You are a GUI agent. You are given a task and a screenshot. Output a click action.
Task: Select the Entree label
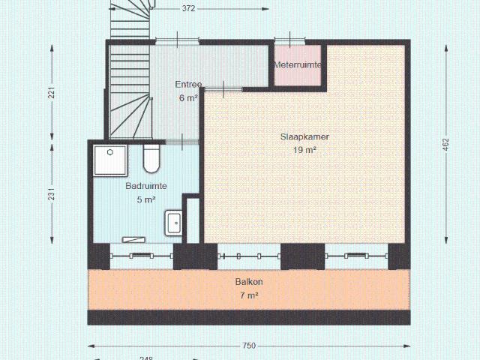tap(188, 84)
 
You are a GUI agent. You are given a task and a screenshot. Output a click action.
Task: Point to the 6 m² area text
tap(188, 97)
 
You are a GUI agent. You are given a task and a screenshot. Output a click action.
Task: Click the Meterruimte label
tap(298, 65)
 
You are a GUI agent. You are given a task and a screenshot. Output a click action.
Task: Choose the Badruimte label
tap(146, 186)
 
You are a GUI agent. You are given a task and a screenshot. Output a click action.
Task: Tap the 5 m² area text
tap(146, 199)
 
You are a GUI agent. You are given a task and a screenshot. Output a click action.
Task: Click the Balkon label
tap(249, 282)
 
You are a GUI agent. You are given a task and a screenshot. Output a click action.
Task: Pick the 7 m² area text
tap(249, 295)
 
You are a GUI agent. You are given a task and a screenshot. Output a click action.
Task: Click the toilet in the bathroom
tap(151, 159)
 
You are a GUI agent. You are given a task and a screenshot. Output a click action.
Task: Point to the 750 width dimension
tap(249, 346)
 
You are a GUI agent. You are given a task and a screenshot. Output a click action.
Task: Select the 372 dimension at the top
tap(189, 9)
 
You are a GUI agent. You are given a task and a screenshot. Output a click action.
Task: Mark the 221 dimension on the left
tap(52, 93)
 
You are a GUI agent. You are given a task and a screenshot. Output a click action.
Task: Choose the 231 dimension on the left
tap(52, 193)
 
